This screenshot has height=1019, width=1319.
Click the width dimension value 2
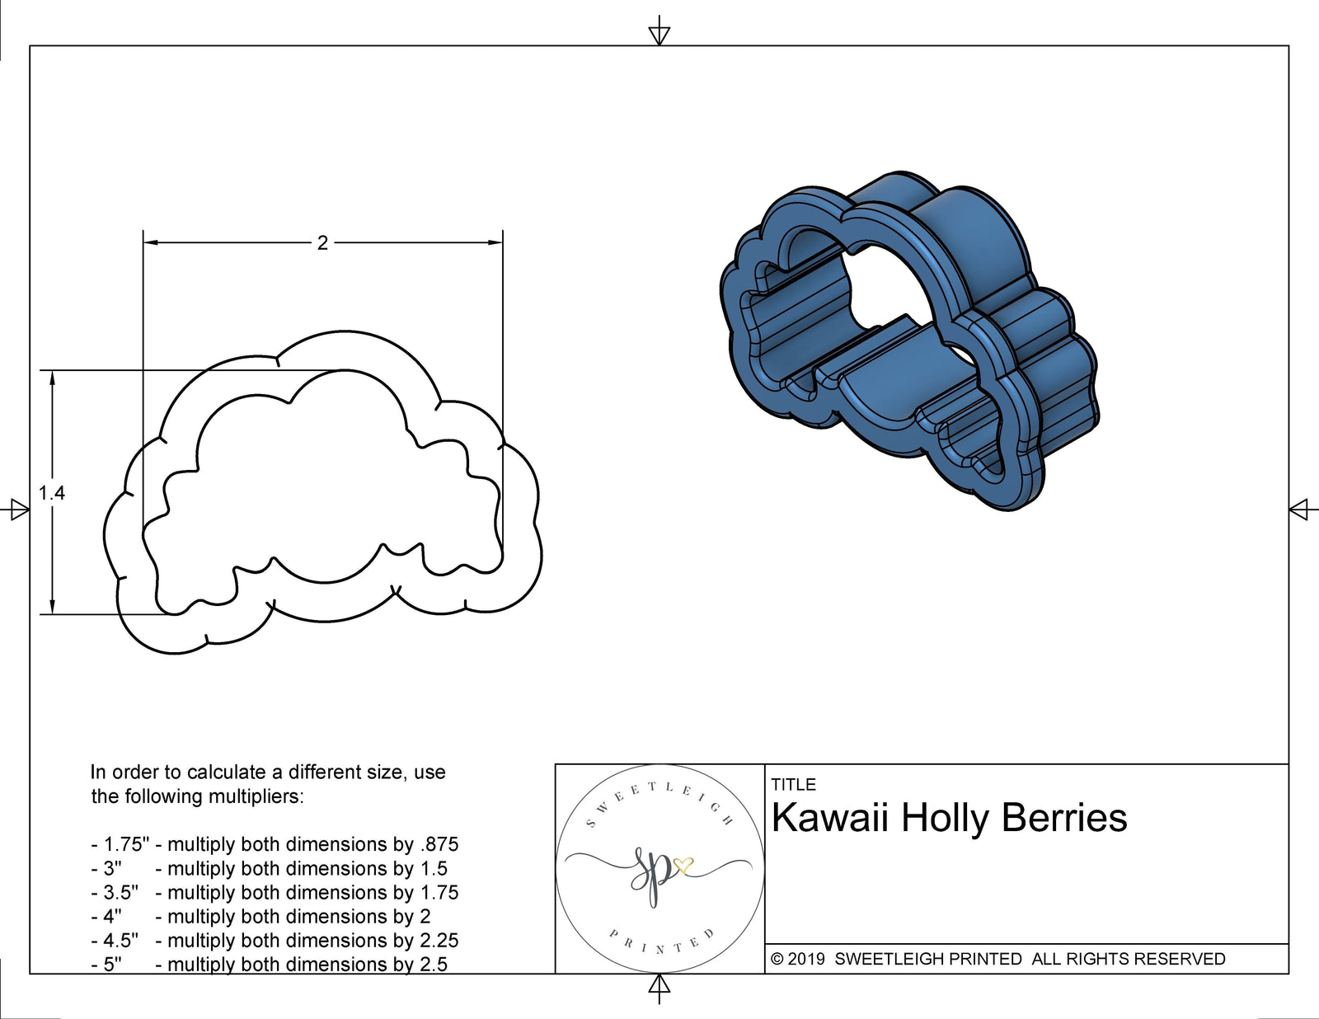[x=322, y=242]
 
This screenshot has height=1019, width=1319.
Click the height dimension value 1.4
[x=51, y=493]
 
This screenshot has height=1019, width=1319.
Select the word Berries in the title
[x=1064, y=818]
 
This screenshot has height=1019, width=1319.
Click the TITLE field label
[x=793, y=785]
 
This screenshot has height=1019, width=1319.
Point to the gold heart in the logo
[x=683, y=866]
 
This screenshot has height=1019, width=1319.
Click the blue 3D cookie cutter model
[x=907, y=346]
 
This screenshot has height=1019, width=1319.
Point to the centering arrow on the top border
[x=659, y=34]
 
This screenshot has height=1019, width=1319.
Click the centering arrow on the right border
[x=1298, y=509]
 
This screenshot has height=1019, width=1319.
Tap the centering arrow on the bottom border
[x=659, y=986]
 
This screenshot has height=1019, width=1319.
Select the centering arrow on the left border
[x=18, y=509]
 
